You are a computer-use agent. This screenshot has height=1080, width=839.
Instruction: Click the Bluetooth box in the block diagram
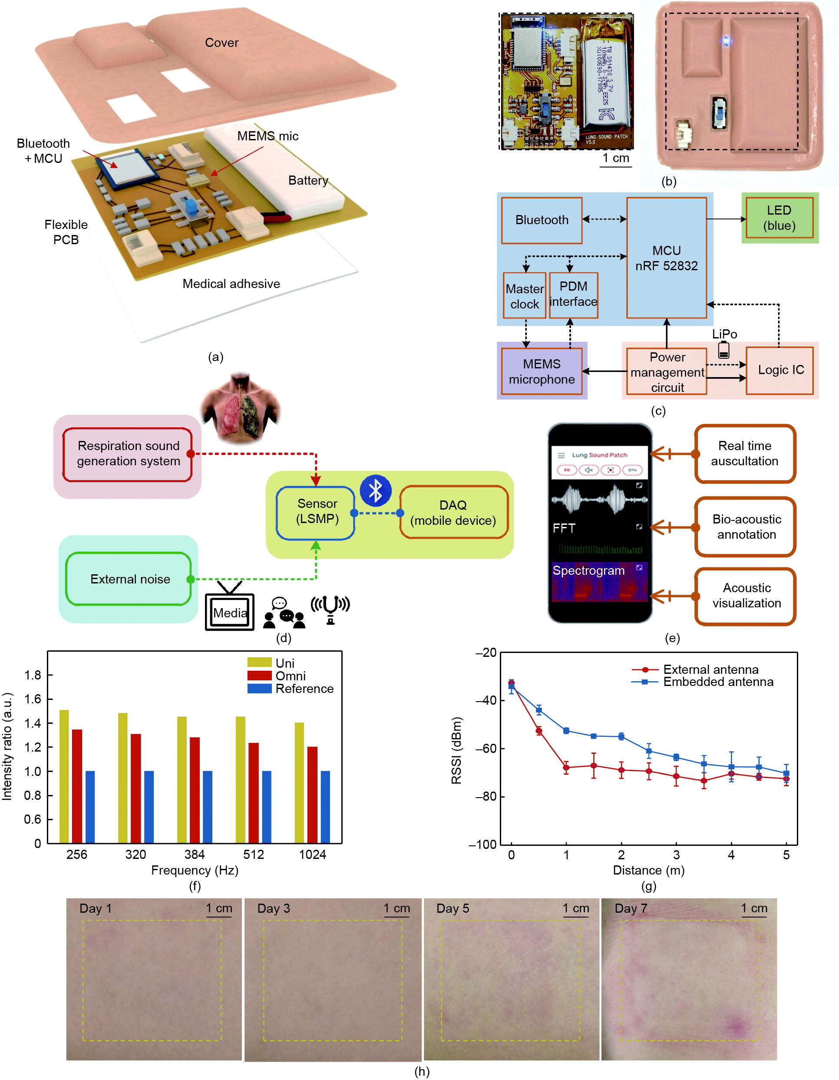point(542,221)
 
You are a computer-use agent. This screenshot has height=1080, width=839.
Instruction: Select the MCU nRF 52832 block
point(666,258)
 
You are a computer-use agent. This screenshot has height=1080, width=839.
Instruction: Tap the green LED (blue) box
point(779,218)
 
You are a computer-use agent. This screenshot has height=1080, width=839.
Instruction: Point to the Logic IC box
point(780,371)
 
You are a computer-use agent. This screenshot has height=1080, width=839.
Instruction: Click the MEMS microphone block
point(542,372)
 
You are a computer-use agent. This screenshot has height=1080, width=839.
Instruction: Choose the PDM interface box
point(573,295)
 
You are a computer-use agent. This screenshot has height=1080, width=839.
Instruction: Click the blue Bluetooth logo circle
point(375,490)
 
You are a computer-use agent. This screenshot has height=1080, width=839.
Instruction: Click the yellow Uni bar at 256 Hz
point(64,776)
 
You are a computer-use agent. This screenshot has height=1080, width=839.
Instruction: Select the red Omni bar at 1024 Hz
point(313,795)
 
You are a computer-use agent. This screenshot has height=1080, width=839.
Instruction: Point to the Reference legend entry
point(304,689)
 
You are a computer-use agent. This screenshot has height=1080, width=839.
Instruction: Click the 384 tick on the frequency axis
point(194,855)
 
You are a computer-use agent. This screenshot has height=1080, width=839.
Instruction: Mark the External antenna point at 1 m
point(566,768)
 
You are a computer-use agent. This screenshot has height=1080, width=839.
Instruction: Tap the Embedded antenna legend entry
point(717,682)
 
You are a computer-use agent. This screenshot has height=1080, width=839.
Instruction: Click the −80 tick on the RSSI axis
point(486,797)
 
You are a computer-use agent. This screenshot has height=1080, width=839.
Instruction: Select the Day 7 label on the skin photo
point(631,909)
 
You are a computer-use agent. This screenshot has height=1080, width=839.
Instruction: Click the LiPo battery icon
point(723,350)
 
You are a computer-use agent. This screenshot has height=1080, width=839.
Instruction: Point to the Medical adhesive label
point(231,284)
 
